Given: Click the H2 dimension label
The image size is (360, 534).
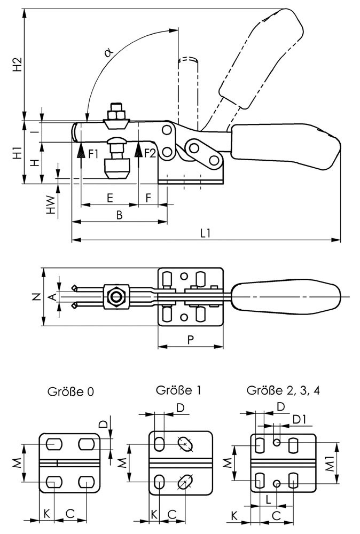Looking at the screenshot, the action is pyautogui.click(x=18, y=64).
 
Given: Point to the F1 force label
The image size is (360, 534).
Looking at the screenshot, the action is pyautogui.click(x=93, y=154).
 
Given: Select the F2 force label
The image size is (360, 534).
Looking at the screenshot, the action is pyautogui.click(x=150, y=154).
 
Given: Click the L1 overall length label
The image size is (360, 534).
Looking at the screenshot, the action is pyautogui.click(x=205, y=233).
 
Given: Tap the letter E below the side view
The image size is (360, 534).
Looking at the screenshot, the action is pyautogui.click(x=109, y=198).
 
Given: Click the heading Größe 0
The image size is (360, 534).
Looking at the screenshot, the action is pyautogui.click(x=71, y=392).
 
